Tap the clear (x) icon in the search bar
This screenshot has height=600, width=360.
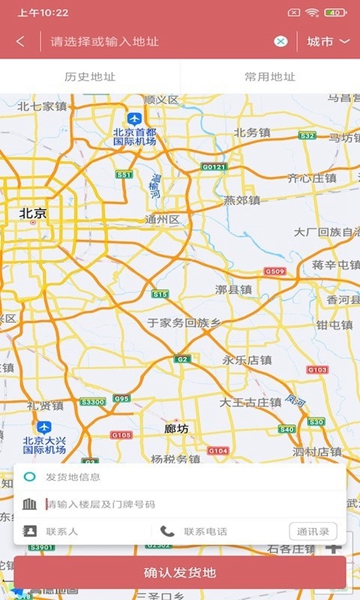281,41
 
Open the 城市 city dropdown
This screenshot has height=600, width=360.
328,41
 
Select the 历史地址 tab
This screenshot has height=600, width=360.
90,76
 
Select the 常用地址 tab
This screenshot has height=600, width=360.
270,76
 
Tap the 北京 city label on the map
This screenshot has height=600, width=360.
33,213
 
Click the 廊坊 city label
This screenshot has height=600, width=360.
176,428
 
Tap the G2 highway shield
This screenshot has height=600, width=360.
181,359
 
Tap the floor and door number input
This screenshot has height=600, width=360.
150,504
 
